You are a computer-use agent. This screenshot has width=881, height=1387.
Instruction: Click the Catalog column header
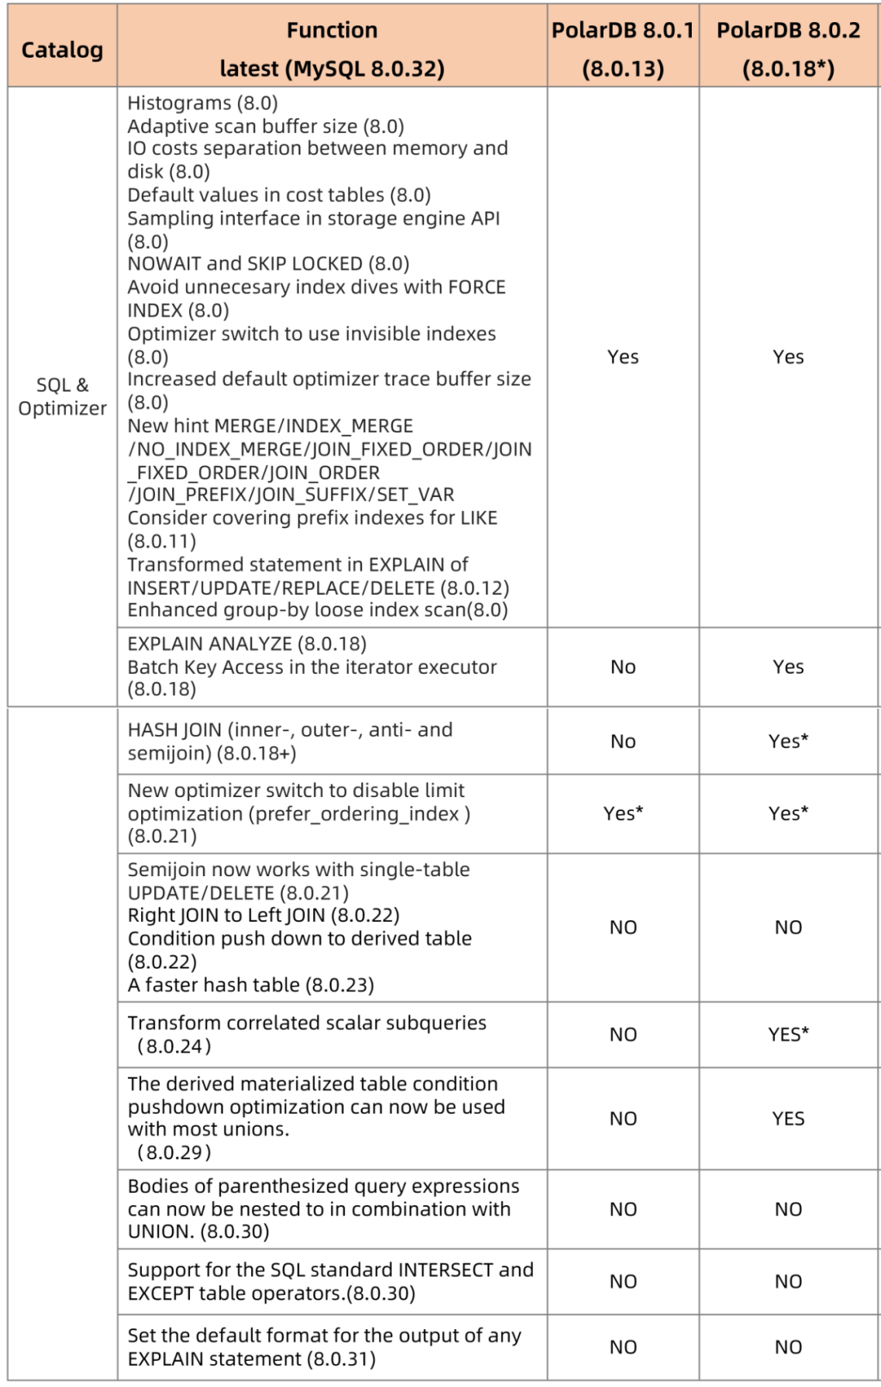coord(62,50)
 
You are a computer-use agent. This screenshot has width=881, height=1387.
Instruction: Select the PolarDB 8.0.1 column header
coord(622,49)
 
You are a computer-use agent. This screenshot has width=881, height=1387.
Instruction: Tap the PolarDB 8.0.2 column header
coord(788,49)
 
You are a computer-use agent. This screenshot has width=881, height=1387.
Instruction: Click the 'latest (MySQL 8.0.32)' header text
coord(332,69)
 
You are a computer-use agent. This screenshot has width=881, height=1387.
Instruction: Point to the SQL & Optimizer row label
coord(62,397)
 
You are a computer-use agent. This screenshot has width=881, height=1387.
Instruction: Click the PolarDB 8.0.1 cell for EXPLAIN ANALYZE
coord(622,667)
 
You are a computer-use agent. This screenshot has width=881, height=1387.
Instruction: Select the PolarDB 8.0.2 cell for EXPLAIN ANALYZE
coord(788,667)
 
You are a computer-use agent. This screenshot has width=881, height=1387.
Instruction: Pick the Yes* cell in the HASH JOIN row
coord(788,741)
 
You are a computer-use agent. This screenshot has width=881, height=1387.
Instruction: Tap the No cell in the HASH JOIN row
coord(622,741)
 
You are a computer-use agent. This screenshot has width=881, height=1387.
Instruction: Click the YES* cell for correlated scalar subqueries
coord(788,1035)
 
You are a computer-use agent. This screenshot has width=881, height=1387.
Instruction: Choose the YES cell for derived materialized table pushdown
coord(788,1118)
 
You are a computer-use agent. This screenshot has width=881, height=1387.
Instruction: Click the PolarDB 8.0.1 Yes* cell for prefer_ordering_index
coord(622,813)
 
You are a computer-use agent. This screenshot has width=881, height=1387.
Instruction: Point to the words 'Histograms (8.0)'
coord(202,103)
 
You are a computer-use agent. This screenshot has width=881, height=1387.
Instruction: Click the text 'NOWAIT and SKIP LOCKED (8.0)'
coord(268,264)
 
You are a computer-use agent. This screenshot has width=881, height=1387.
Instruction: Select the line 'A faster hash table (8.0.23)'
coord(250,985)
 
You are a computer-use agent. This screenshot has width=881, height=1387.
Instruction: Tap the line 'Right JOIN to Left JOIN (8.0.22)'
coord(263,915)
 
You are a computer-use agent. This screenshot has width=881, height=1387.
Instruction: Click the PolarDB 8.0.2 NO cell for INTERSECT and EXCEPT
coord(788,1281)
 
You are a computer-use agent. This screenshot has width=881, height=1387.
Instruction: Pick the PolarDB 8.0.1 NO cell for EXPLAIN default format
coord(622,1347)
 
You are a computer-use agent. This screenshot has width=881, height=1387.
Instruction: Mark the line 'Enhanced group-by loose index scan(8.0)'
coord(317,609)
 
